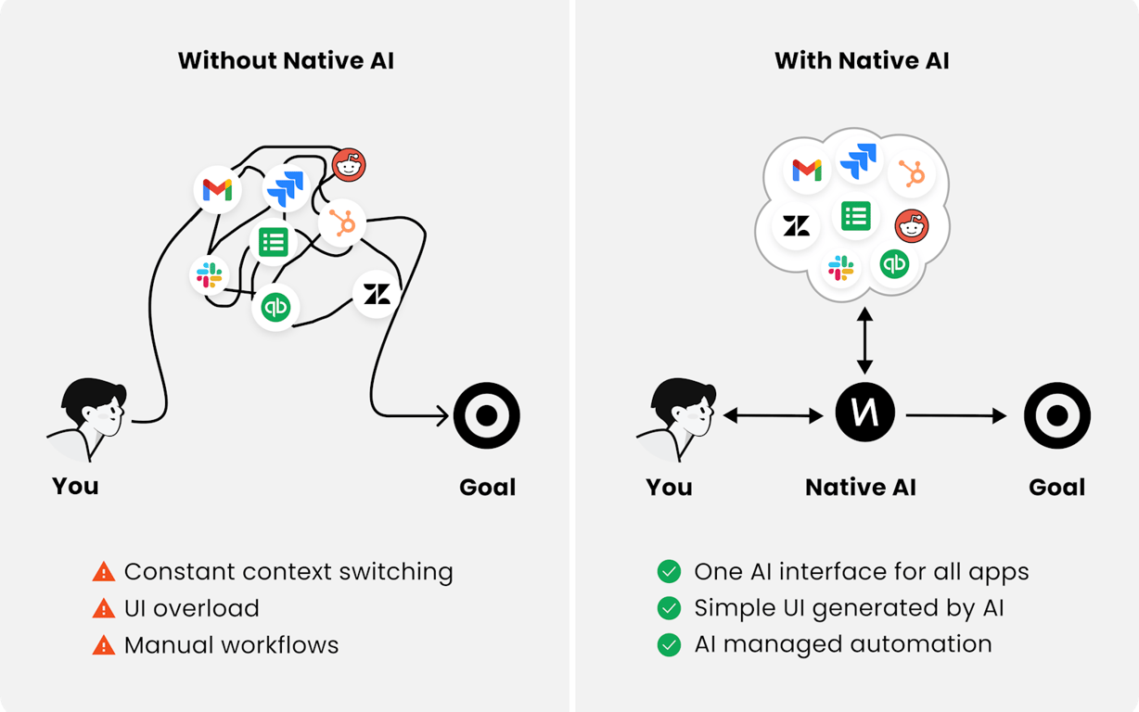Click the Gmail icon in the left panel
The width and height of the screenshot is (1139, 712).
point(217,190)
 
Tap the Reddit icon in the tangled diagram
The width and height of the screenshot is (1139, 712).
point(349,165)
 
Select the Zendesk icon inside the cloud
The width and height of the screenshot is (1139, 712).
point(796,225)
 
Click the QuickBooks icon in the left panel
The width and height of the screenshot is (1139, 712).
point(275,307)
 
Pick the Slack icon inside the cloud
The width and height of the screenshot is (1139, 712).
point(841,269)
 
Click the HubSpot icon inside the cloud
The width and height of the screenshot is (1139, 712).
point(912,173)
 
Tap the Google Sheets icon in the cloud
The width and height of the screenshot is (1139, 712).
point(855,216)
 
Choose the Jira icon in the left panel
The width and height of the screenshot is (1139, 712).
point(286,187)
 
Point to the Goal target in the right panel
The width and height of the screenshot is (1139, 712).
point(1056,416)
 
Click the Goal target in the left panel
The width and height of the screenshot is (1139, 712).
point(486,416)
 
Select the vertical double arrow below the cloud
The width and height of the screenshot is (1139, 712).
point(864,341)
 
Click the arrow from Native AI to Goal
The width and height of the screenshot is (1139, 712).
point(955,416)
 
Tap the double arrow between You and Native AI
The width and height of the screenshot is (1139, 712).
point(773,416)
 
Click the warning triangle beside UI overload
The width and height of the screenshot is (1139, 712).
point(104,609)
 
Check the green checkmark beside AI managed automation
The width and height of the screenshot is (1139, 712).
point(669,644)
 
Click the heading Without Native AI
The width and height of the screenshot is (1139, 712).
point(286,61)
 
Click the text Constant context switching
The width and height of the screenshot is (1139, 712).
point(288,572)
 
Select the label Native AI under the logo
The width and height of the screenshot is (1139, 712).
point(861,488)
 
